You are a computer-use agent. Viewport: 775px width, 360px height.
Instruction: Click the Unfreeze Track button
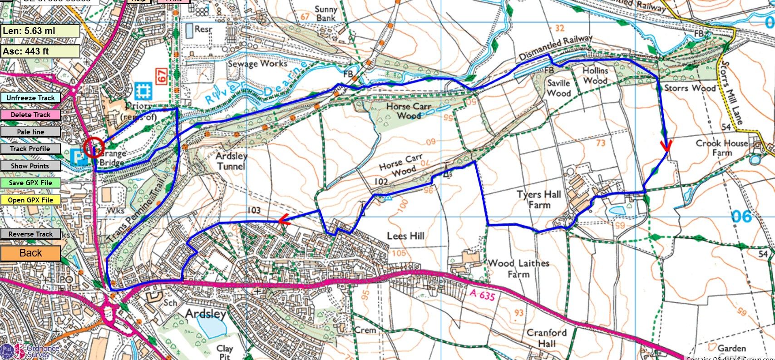point(30,98)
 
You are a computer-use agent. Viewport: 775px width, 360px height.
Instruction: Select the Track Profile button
point(30,149)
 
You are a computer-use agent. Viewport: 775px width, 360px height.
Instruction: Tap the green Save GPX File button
point(30,183)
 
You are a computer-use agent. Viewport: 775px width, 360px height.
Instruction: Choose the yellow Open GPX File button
point(30,200)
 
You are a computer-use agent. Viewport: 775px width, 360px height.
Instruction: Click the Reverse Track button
point(30,234)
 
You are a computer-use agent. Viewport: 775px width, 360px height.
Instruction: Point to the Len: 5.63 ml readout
point(40,31)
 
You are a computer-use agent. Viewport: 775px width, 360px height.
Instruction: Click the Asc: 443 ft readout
point(40,51)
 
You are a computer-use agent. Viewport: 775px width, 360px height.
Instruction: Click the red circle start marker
point(94,147)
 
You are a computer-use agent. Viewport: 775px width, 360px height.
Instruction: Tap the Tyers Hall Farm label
point(539,200)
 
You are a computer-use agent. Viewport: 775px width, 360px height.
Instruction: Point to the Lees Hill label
point(405,236)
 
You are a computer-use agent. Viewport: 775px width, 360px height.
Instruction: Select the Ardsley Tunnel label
point(232,161)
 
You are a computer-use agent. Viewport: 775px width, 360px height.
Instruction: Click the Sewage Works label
point(257,64)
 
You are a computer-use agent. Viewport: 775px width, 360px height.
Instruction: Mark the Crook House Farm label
point(722,148)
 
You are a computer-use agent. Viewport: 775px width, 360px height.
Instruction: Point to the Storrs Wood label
point(690,88)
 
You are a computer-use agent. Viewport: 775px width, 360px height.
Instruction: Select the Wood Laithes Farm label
point(518,269)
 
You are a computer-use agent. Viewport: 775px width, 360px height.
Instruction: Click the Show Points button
point(30,166)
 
